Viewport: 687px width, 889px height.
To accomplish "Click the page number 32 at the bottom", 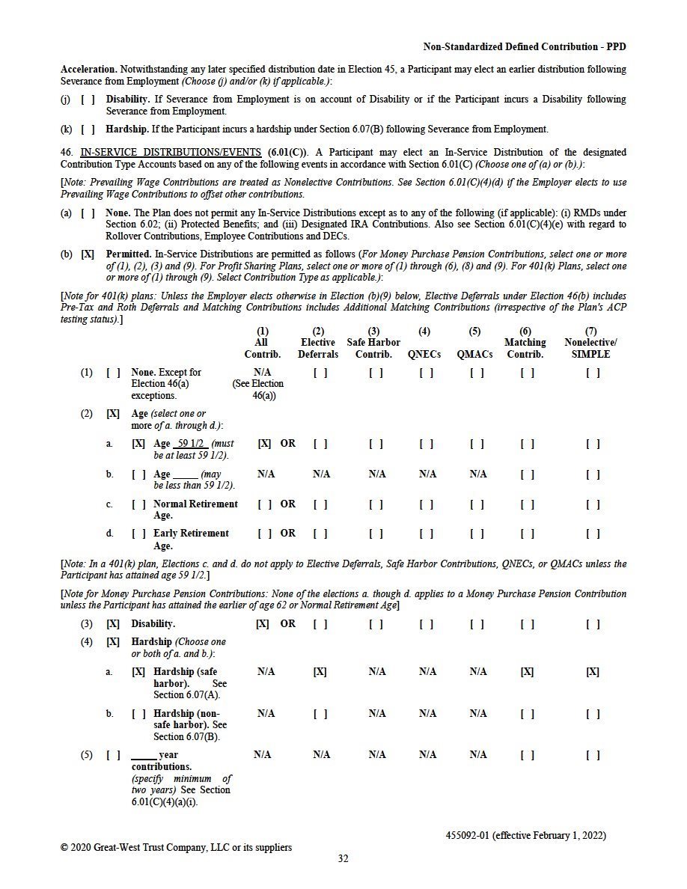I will tap(343, 859).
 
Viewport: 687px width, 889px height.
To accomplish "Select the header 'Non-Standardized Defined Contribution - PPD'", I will tap(525, 46).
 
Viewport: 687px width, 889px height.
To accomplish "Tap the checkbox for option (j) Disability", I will tap(88, 100).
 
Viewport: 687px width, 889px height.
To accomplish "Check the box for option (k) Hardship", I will tap(88, 129).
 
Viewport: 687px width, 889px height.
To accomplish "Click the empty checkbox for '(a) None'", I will tap(88, 213).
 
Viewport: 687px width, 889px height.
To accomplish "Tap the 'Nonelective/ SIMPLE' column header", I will tap(590, 349).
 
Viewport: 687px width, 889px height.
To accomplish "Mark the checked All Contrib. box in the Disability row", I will tap(263, 624).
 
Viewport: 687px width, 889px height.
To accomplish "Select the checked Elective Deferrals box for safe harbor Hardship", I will tap(320, 672).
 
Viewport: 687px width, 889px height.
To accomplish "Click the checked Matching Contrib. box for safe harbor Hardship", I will tap(527, 672).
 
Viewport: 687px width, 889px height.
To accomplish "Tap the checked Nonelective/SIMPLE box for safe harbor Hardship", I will tap(592, 672).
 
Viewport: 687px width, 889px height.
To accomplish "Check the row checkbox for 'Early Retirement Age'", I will tap(138, 534).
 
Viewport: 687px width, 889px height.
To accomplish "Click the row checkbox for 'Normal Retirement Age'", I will tap(138, 504).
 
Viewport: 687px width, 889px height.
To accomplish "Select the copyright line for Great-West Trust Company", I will tap(177, 848).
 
